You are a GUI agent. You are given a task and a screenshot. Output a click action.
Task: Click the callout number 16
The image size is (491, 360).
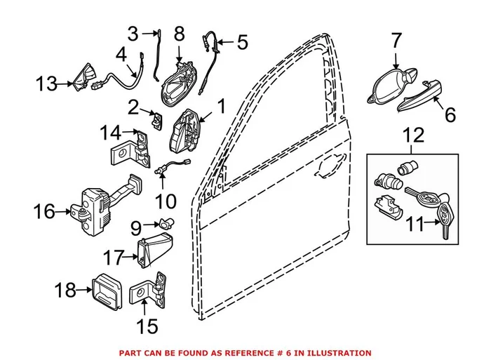[43, 211]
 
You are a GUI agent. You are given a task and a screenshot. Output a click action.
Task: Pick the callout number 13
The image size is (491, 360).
[48, 85]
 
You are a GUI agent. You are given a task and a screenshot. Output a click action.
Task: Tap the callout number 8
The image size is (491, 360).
[179, 34]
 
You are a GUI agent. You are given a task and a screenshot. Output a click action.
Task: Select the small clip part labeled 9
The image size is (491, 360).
[168, 224]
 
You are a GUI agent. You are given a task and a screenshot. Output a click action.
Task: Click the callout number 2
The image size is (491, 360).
[133, 107]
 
